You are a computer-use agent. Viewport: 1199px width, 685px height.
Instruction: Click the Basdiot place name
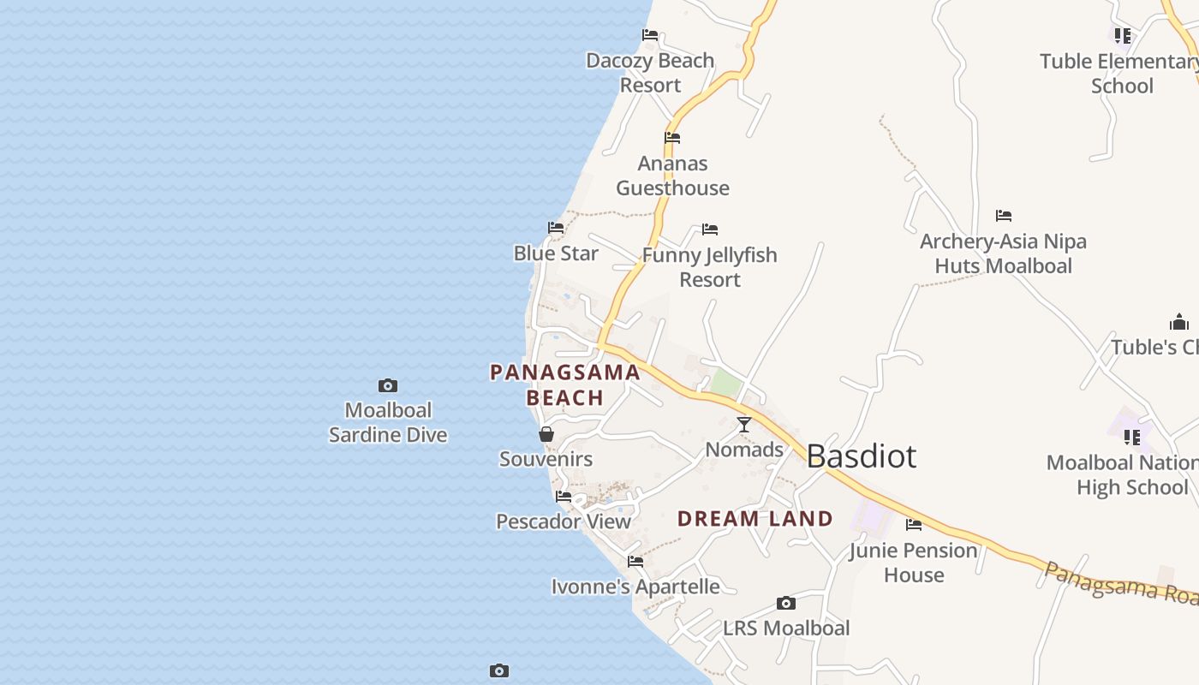[x=861, y=456]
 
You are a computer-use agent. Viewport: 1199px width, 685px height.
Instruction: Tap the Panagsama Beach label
[x=565, y=384]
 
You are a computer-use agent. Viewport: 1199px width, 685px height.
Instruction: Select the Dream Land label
[x=755, y=519]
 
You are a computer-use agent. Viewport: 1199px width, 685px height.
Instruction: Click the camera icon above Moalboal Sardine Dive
[x=388, y=386]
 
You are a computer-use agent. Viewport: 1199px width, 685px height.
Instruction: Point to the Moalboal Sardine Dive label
[x=388, y=423]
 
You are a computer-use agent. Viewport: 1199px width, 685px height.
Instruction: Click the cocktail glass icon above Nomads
[x=744, y=425]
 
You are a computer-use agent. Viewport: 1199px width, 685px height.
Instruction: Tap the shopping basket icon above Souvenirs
[x=546, y=435]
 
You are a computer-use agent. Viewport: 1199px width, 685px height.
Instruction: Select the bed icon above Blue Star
[x=556, y=228]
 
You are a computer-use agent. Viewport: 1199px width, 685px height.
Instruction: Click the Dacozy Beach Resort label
[x=650, y=73]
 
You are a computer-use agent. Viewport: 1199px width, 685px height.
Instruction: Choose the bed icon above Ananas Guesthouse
[x=672, y=138]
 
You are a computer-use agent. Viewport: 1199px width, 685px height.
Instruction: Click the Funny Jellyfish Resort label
[x=710, y=267]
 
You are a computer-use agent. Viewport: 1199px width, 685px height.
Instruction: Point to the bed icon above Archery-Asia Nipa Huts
[x=1004, y=216]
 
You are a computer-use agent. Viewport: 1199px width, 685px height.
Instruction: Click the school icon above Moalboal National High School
[x=1132, y=438]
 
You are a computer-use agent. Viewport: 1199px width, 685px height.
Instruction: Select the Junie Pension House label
[x=914, y=563]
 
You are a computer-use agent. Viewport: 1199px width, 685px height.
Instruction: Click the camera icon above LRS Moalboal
[x=786, y=604]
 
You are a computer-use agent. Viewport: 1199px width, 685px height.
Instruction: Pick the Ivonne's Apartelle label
[x=635, y=587]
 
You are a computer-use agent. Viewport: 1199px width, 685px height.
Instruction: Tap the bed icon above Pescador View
[x=564, y=497]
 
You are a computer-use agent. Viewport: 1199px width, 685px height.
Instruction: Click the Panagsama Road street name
[x=1122, y=583]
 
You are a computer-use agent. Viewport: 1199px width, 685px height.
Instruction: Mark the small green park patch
[x=726, y=384]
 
